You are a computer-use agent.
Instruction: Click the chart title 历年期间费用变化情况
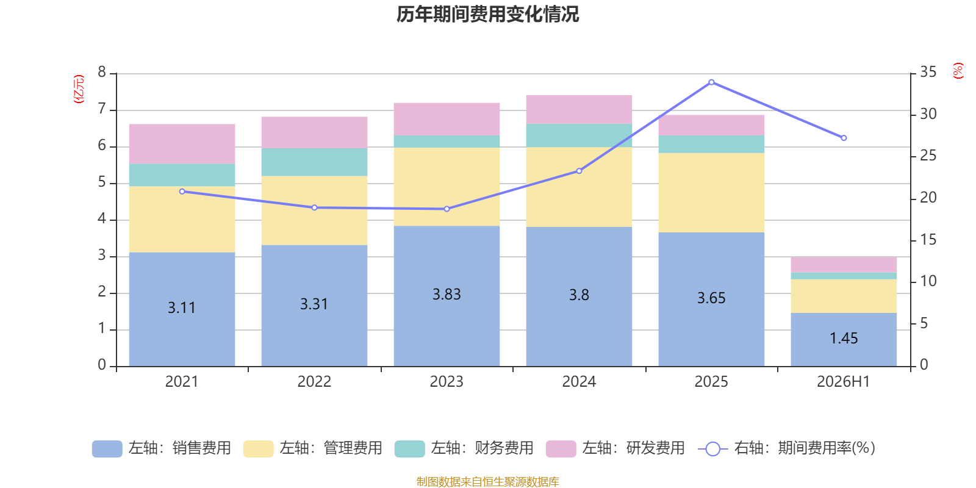click(x=487, y=15)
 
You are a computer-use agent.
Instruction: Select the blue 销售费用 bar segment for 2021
click(x=182, y=309)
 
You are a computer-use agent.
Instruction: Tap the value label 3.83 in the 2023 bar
click(x=447, y=295)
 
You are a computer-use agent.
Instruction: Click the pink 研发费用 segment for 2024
click(x=579, y=109)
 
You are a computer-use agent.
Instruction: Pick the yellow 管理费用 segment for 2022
click(x=314, y=210)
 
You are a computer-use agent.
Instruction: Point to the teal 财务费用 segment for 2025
click(x=711, y=144)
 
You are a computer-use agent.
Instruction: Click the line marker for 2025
click(x=711, y=82)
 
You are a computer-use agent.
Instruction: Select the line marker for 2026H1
click(x=844, y=138)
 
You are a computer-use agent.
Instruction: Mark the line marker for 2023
click(x=447, y=209)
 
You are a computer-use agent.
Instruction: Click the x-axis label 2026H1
click(x=844, y=382)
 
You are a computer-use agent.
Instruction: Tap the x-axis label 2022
click(x=314, y=382)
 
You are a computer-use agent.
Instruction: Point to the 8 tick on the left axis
click(x=102, y=72)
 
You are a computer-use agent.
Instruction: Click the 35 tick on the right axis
click(x=928, y=72)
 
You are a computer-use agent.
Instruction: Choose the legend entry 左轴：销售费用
click(x=162, y=448)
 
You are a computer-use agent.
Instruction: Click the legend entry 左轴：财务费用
click(x=464, y=448)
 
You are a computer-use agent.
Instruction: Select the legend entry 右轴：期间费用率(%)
click(x=787, y=448)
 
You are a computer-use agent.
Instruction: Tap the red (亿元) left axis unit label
click(x=79, y=89)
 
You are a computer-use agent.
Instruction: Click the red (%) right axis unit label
click(x=958, y=71)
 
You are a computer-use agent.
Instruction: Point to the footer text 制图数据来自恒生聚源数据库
click(x=487, y=481)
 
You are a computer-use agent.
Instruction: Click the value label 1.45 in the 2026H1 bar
click(x=844, y=339)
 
